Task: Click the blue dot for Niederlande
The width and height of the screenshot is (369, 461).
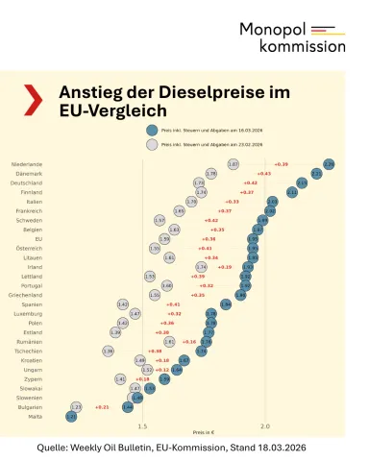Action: coord(329,164)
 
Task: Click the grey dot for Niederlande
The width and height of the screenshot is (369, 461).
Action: coord(234,164)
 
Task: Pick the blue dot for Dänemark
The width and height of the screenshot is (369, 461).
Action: coord(314,174)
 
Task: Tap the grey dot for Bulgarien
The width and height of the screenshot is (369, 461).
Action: coord(77,406)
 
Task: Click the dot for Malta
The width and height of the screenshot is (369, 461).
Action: coord(70,416)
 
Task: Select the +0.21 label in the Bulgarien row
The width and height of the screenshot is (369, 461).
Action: coord(101,406)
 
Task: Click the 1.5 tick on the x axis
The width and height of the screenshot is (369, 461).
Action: coord(142,425)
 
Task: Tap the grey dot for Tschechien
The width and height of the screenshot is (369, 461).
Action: coord(108,351)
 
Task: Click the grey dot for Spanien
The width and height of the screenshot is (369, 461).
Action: coord(123,303)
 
